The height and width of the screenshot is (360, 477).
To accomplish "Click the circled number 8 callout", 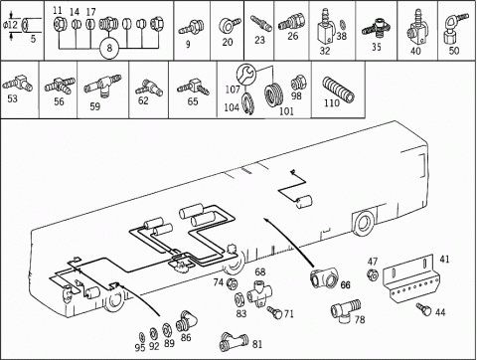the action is (x=109, y=49).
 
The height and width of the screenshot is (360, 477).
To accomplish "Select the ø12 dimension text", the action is (x=10, y=25).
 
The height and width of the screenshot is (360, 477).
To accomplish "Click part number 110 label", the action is (x=332, y=103).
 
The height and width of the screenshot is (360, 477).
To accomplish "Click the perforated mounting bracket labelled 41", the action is (x=411, y=277).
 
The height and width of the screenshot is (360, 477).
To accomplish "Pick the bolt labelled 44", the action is (x=424, y=308).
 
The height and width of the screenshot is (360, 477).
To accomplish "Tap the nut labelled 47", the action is (x=373, y=274).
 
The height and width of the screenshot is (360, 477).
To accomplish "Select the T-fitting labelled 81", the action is (x=234, y=342).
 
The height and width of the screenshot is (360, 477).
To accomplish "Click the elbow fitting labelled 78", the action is (x=345, y=311).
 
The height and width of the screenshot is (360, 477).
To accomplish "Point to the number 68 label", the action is (x=260, y=271).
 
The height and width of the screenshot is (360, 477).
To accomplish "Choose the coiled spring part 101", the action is (x=274, y=95).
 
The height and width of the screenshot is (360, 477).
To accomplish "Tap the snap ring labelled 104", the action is (x=247, y=103).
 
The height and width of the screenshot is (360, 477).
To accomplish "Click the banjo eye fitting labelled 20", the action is (x=230, y=25).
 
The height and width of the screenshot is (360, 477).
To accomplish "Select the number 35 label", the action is (x=377, y=47).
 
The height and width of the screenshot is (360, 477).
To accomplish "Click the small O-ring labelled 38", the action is (x=343, y=25).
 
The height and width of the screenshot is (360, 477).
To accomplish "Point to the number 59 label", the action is (x=95, y=106).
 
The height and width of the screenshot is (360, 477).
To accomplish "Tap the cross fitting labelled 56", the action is (x=60, y=86).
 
